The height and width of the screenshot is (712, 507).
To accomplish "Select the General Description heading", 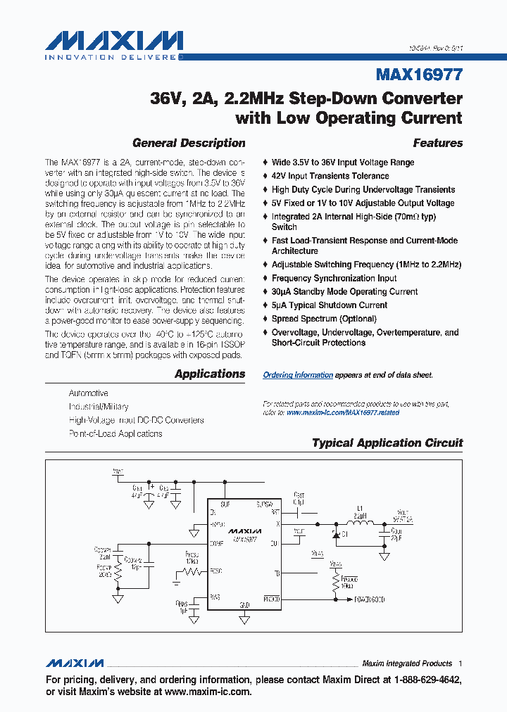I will click(x=189, y=143).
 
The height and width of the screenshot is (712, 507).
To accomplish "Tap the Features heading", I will click(x=437, y=143).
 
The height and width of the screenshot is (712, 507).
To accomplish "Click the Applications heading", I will click(x=210, y=374).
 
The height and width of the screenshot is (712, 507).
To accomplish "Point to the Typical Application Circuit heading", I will click(x=387, y=443).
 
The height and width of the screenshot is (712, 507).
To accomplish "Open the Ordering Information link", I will click(x=298, y=375).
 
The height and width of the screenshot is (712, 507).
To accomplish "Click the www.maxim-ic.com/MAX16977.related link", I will click(x=342, y=412).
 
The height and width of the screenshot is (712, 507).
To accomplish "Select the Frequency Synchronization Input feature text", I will click(x=334, y=278).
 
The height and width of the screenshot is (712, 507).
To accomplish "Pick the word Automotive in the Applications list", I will click(x=89, y=393).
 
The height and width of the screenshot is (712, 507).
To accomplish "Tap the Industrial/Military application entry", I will click(x=99, y=407).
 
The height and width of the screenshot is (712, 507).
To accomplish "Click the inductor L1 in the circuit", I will click(x=360, y=523).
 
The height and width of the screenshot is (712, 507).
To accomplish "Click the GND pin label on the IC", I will click(x=244, y=604).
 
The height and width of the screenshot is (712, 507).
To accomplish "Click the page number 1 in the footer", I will click(x=461, y=663).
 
